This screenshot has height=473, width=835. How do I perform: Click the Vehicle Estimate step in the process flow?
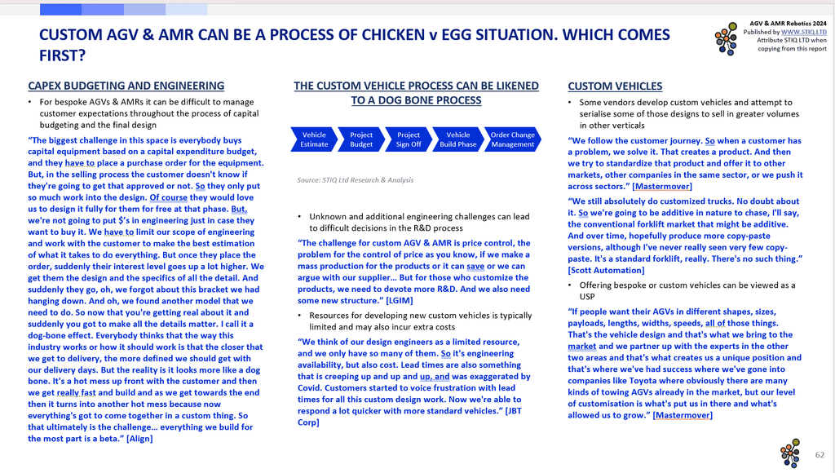click(314, 139)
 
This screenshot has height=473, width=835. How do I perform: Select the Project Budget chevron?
click(361, 139)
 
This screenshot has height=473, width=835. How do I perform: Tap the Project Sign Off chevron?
click(409, 139)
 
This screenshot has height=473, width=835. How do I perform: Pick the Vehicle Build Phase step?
click(458, 139)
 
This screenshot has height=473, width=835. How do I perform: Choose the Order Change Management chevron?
click(512, 139)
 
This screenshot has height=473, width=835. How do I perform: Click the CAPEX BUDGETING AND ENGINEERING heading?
click(126, 86)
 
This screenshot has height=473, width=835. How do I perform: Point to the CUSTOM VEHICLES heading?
click(615, 86)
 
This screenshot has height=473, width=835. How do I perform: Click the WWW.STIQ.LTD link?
click(803, 32)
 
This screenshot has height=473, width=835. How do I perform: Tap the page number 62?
click(820, 455)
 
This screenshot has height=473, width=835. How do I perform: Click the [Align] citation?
click(139, 439)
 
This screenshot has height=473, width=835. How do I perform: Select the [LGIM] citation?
click(400, 300)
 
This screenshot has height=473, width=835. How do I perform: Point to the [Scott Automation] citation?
click(606, 270)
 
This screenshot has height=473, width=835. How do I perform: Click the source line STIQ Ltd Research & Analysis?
click(356, 180)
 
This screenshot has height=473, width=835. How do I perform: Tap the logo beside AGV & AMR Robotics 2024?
click(727, 38)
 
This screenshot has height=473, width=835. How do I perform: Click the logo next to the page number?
click(790, 453)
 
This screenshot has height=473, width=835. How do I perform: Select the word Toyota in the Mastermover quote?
click(644, 380)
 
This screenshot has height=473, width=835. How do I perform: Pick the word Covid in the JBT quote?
click(309, 387)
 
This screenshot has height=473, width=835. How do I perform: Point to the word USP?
click(587, 297)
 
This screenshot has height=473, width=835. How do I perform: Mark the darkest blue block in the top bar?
click(60, 9)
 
